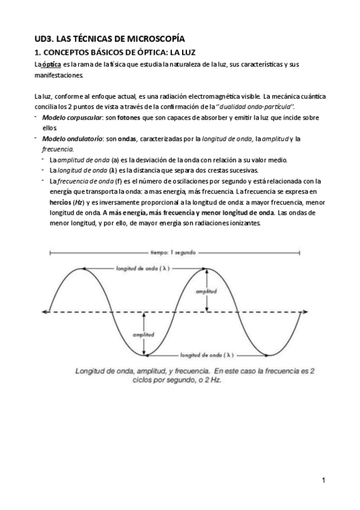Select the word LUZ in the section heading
189,53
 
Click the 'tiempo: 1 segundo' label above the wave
172,253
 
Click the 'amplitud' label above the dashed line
206,291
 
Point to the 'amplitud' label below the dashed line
144,334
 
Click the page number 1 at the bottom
323,481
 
